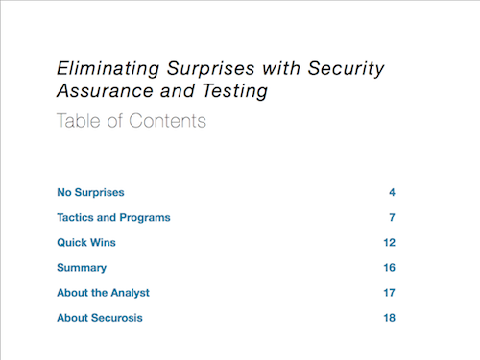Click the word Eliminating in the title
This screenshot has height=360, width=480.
click(x=108, y=69)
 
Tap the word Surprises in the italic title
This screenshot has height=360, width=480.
click(x=210, y=69)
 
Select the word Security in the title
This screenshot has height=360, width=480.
click(x=346, y=69)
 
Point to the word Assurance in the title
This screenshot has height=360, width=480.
click(x=105, y=90)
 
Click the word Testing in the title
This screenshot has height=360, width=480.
click(x=235, y=91)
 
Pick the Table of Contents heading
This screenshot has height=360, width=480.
click(x=132, y=121)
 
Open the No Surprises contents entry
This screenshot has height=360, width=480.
click(x=90, y=192)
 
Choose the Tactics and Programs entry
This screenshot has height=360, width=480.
click(x=113, y=218)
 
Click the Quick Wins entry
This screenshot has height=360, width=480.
click(x=86, y=242)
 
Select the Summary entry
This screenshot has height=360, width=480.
click(x=82, y=268)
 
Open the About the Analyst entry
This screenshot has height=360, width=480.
click(x=103, y=293)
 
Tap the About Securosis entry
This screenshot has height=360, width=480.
click(x=100, y=318)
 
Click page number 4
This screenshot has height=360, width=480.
click(x=392, y=192)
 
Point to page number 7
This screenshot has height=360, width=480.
click(x=392, y=218)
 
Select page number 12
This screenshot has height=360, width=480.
click(x=390, y=242)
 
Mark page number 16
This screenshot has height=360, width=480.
click(x=390, y=268)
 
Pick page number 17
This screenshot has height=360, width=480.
click(x=390, y=293)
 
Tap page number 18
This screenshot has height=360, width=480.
click(x=390, y=318)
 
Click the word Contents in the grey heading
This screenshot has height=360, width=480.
click(x=168, y=121)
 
